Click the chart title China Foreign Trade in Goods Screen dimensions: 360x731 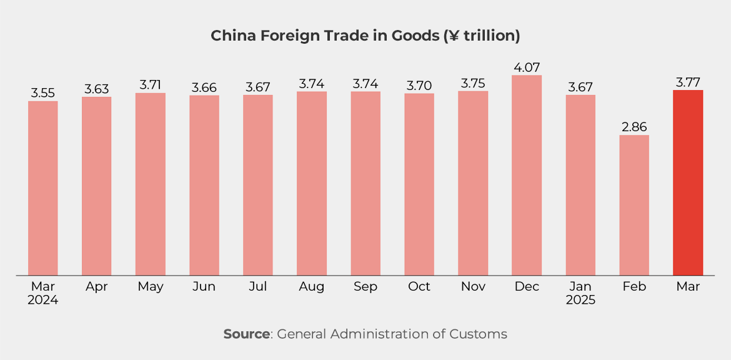365,36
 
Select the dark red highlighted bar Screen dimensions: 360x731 688,182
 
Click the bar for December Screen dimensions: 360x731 527,175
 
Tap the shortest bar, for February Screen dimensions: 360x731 634,205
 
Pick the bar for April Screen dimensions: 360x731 97,186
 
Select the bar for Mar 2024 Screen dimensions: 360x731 43,187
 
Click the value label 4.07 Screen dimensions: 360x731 527,67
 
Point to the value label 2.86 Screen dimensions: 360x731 634,127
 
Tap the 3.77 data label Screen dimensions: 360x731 688,82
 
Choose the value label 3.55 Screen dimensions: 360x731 43,93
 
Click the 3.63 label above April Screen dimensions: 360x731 97,89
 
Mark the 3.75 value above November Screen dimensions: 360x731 473,83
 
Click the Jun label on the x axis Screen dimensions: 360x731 204,286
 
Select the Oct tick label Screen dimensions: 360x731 419,286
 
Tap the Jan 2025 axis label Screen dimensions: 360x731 580,293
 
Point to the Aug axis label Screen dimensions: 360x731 312,286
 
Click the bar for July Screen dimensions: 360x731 258,185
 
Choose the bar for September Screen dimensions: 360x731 365,183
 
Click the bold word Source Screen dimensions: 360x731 247,334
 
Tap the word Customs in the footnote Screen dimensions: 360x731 478,334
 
